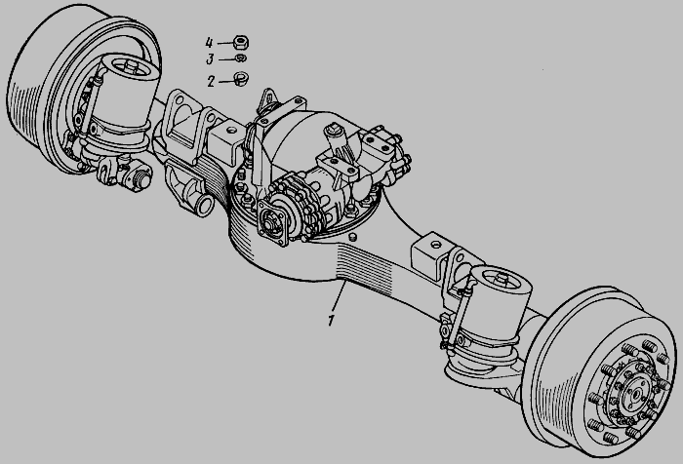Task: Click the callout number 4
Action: pyautogui.click(x=209, y=43)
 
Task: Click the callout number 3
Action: pyautogui.click(x=210, y=58)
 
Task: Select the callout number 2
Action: pyautogui.click(x=211, y=81)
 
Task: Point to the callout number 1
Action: pyautogui.click(x=331, y=320)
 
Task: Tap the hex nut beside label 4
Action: pyautogui.click(x=241, y=42)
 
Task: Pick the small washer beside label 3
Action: pyautogui.click(x=241, y=58)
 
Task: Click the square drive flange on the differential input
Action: pyautogui.click(x=272, y=223)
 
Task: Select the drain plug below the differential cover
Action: pyautogui.click(x=353, y=237)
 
